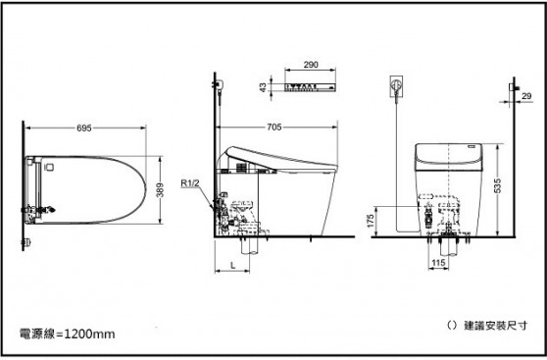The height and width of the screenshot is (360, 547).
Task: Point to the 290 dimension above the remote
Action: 311,64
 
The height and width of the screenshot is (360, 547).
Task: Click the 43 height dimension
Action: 262,86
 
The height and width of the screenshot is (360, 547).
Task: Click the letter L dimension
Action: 232,266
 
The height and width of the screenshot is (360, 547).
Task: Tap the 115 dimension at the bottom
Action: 439,264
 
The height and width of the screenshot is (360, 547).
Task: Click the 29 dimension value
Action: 526,95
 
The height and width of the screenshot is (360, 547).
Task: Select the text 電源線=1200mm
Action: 68,334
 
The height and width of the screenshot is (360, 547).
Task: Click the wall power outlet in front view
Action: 396,85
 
